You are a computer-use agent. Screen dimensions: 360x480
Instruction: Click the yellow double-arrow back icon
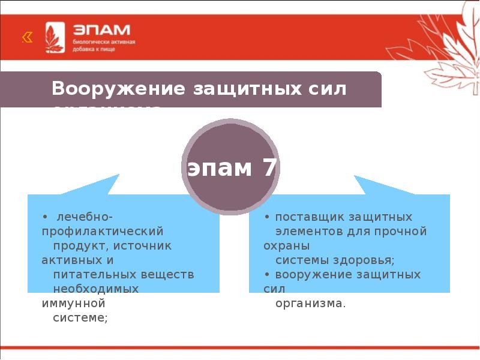point(27,38)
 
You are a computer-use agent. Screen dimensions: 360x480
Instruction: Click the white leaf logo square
point(55,37)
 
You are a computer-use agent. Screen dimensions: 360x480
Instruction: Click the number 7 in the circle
point(268,169)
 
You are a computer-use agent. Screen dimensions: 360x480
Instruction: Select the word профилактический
point(103,230)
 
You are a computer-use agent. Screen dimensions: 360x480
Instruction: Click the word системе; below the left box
point(80,317)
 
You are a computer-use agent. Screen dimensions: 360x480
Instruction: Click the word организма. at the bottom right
point(310,303)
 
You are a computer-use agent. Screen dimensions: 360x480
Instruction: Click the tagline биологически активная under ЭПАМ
point(103,43)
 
